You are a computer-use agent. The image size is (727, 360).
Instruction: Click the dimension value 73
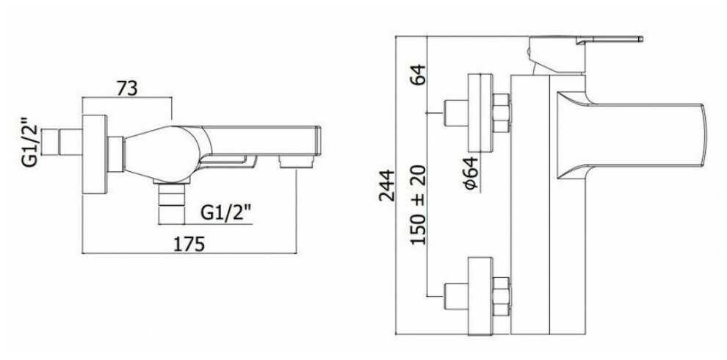(x=127, y=88)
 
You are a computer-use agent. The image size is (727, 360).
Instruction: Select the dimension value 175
(x=188, y=244)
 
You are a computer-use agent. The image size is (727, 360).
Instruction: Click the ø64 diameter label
(x=471, y=174)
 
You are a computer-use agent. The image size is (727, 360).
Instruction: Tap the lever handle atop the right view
(x=587, y=41)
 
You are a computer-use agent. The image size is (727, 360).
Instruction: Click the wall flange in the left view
(x=93, y=155)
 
